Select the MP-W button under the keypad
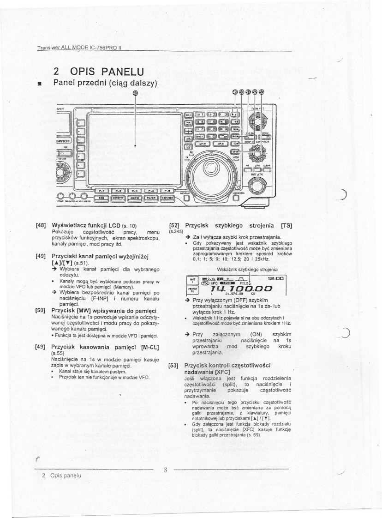pyautogui.click(x=203, y=144)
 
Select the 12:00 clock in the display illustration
pyautogui.click(x=277, y=279)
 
